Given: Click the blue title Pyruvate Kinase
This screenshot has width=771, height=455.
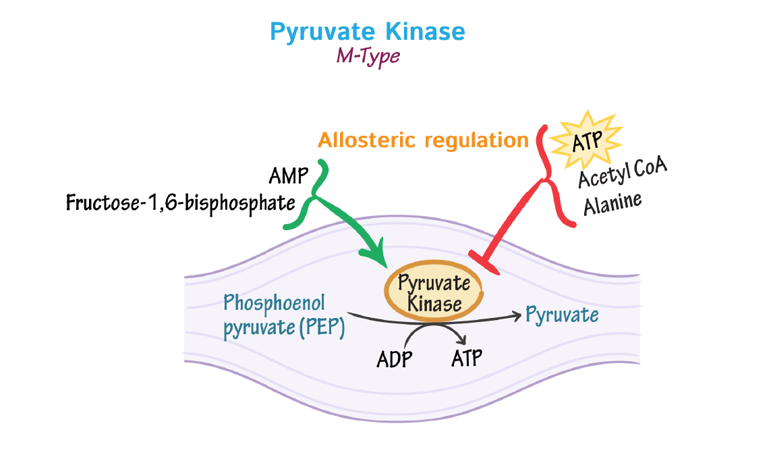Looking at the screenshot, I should [367, 32].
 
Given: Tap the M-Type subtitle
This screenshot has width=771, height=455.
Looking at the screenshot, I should [368, 57].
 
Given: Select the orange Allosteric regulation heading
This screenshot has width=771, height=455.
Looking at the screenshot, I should [423, 140].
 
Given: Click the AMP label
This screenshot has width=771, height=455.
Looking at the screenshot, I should [288, 177].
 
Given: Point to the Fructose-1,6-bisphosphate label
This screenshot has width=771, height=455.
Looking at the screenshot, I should [181, 203].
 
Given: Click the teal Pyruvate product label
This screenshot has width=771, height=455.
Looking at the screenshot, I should [562, 315].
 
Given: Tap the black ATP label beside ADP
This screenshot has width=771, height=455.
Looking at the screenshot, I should [467, 357].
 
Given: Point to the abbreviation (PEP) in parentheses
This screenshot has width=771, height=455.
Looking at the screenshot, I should [322, 329].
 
